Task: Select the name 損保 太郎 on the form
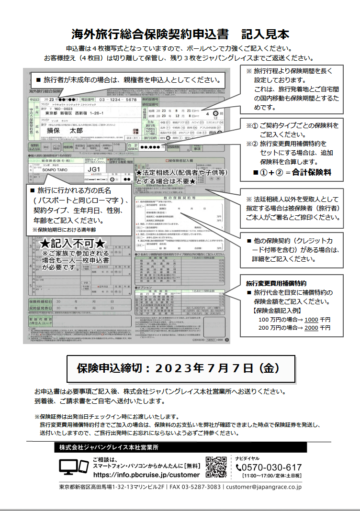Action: click(64, 130)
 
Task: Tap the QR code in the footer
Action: click(216, 467)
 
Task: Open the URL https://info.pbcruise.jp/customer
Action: click(146, 475)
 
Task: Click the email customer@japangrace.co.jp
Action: click(264, 487)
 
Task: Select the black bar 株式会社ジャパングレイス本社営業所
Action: click(181, 447)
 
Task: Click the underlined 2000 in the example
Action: click(311, 328)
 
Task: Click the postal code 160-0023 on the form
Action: click(65, 109)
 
